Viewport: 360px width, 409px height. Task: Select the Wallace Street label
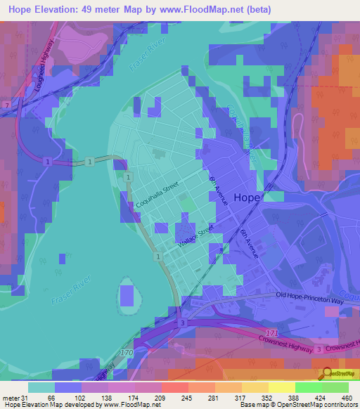coord(195,237)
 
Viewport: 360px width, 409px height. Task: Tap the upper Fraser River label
coord(146,58)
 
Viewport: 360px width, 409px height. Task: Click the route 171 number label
coord(271,331)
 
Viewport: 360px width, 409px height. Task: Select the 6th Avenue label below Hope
coord(249,244)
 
